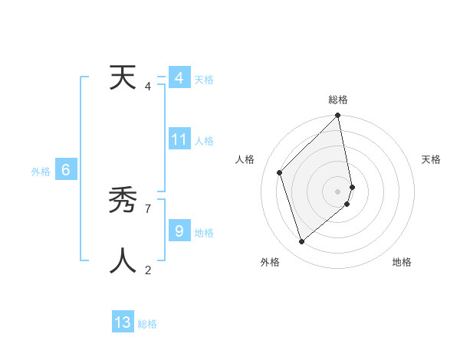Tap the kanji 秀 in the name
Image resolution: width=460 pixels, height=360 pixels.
(123, 200)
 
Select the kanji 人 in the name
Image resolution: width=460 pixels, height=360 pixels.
(123, 260)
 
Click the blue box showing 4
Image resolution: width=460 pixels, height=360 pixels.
(179, 78)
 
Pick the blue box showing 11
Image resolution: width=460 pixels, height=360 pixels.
(179, 139)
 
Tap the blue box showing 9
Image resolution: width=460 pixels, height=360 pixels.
(179, 231)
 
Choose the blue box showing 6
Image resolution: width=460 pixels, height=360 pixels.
(66, 170)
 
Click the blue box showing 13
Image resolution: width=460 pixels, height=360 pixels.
(123, 322)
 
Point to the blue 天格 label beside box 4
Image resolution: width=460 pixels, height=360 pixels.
(204, 80)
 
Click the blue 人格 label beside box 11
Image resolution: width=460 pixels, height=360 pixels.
(204, 141)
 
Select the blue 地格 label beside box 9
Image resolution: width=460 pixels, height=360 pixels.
(204, 232)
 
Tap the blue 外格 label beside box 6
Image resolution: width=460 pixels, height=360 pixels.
(41, 172)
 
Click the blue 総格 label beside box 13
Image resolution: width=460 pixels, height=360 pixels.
(147, 324)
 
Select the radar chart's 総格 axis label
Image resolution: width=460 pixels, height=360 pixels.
(338, 100)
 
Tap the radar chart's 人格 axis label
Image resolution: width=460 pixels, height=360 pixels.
(245, 159)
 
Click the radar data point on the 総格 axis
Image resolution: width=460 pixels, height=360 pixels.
(338, 116)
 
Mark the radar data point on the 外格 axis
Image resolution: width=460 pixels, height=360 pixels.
(302, 242)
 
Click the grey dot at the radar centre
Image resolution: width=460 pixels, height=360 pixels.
(338, 191)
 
